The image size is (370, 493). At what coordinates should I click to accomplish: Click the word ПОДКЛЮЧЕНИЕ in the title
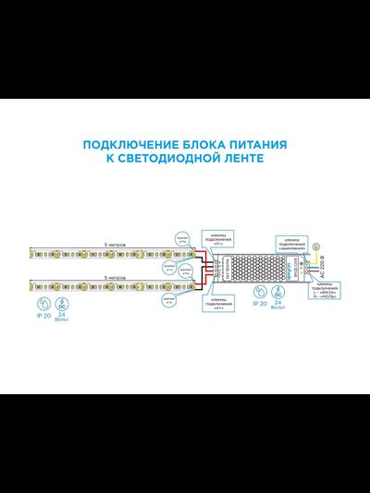tap(120, 145)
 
